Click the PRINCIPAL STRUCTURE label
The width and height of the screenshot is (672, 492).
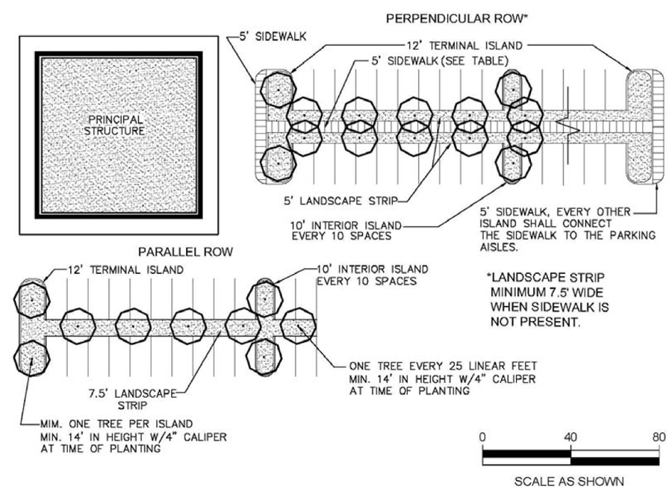coord(114,125)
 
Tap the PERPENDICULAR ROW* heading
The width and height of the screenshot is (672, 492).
coord(457,19)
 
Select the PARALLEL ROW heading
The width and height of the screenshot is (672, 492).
coord(185,252)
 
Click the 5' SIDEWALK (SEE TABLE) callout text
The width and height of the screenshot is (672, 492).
coord(440,61)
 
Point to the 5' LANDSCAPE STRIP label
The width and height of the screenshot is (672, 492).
coord(340,201)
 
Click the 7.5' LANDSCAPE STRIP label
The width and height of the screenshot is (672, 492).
coord(132,399)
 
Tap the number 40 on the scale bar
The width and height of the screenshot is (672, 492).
coord(570,437)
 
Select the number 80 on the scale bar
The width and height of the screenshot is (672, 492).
coord(659,437)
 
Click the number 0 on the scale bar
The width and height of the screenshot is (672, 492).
coord(482,437)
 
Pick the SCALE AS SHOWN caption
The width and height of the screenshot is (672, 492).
coord(569,482)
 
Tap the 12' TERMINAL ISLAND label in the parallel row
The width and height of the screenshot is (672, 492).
coord(125,270)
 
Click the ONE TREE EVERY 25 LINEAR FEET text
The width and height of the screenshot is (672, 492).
coord(443,366)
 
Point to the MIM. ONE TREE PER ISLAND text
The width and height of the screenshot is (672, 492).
coord(116,424)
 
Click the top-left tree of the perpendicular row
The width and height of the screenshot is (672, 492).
coord(279,90)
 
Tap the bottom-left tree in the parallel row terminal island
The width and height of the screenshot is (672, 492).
coord(31,358)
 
